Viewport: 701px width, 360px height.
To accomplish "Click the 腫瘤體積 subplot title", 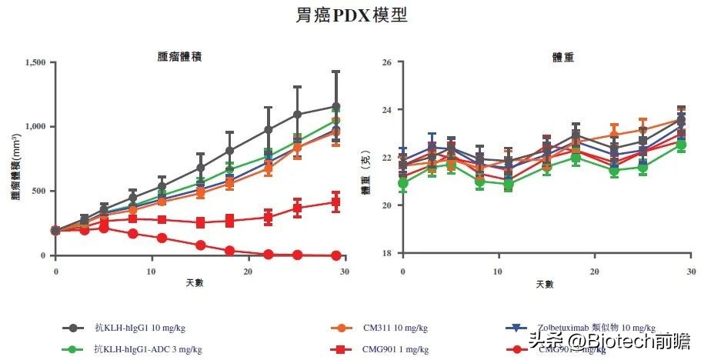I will click(181, 56).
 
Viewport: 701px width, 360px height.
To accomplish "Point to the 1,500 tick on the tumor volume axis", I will click(35, 62).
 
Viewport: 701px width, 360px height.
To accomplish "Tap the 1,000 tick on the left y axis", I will click(35, 127).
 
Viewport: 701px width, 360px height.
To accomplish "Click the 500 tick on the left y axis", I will click(40, 191).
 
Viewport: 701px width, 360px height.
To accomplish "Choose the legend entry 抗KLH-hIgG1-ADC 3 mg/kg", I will click(147, 349).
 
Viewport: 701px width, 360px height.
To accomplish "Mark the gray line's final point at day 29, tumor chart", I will click(335, 107).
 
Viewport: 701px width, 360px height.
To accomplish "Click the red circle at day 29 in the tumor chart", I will click(335, 255).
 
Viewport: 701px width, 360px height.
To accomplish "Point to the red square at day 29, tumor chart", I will click(335, 202).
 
